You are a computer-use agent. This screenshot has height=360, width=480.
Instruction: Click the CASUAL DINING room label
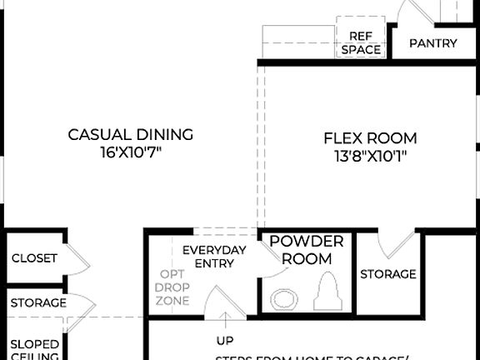tap(130, 134)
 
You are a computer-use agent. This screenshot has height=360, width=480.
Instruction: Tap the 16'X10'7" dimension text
tap(130, 153)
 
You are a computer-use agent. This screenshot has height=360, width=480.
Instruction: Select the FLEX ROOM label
tap(370, 138)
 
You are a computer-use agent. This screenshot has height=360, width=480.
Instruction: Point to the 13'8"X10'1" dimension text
tap(370, 156)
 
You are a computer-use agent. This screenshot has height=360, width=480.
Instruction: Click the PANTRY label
tap(432, 43)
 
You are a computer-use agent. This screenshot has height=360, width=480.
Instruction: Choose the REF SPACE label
tap(360, 43)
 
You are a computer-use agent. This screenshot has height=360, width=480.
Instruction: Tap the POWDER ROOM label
tap(307, 250)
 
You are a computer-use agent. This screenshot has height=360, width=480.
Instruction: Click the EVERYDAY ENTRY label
tap(214, 257)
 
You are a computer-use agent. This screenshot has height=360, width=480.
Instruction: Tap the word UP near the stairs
tap(225, 340)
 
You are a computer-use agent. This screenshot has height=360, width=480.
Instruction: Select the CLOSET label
tap(34, 258)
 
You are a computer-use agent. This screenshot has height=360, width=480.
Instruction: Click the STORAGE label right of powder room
tap(387, 274)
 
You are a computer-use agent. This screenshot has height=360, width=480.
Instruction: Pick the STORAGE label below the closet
tap(38, 302)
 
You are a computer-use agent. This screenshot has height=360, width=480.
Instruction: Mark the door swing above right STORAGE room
tap(397, 242)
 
